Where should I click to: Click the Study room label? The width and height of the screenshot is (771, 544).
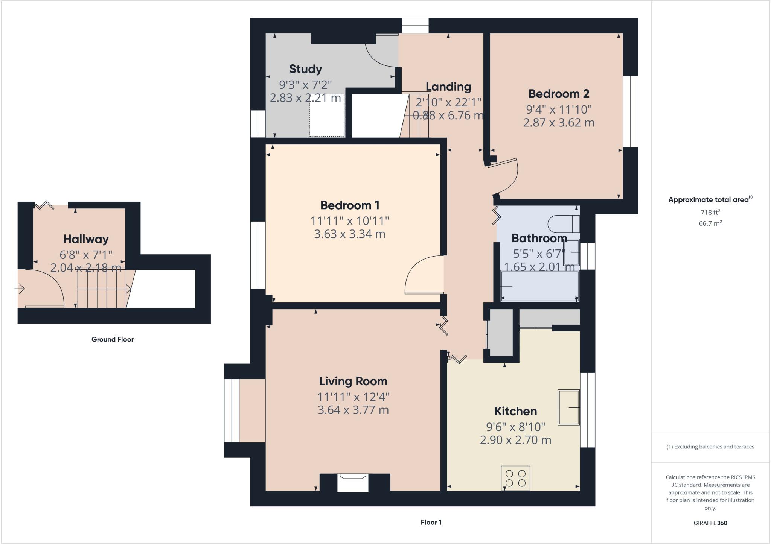pyautogui.click(x=305, y=69)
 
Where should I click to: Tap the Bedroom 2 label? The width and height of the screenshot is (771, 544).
pyautogui.click(x=559, y=94)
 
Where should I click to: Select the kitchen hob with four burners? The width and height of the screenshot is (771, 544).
pyautogui.click(x=515, y=478)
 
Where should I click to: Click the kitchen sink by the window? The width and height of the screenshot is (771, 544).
pyautogui.click(x=568, y=407)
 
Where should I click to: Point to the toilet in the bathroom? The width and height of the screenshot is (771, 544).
pyautogui.click(x=563, y=224)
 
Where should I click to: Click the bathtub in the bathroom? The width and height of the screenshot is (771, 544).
pyautogui.click(x=539, y=286)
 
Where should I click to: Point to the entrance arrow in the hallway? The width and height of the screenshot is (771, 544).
pyautogui.click(x=20, y=289)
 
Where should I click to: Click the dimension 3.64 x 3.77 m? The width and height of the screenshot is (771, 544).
pyautogui.click(x=353, y=410)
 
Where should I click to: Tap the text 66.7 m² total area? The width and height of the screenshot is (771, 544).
pyautogui.click(x=710, y=223)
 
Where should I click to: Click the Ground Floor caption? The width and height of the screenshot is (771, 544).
pyautogui.click(x=113, y=339)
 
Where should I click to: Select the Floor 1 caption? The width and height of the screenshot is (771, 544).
pyautogui.click(x=431, y=522)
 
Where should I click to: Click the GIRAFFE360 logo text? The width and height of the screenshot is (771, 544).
pyautogui.click(x=710, y=523)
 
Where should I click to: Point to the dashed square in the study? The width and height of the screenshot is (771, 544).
pyautogui.click(x=327, y=115)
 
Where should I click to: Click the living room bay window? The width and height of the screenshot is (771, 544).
pyautogui.click(x=232, y=410)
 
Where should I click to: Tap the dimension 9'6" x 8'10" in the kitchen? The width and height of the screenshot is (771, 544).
pyautogui.click(x=515, y=427)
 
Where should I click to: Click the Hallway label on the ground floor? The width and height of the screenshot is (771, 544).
pyautogui.click(x=86, y=239)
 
